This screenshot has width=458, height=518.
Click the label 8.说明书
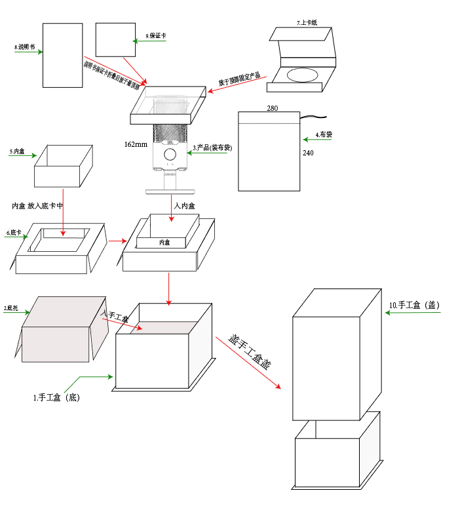pos(25,47)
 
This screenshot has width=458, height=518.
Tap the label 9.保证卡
pos(155,35)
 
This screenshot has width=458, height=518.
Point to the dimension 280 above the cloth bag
pos(273,108)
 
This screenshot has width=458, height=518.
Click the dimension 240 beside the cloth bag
pos(309,153)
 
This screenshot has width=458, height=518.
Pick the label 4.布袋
pos(324,134)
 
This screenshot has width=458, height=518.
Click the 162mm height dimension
pos(136,144)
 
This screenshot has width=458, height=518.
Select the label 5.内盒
pos(17,151)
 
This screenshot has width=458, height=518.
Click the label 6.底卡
pos(14,232)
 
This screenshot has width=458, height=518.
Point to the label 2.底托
pos(10,308)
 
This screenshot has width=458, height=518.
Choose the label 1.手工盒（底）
pos(56,397)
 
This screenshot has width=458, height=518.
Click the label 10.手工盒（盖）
pos(413,305)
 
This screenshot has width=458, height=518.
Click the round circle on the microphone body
pos(170,154)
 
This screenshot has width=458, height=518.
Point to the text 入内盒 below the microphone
pos(184,206)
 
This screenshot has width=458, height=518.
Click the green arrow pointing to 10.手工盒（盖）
pos(413,313)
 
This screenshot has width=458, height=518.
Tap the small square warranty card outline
pos(115,40)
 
